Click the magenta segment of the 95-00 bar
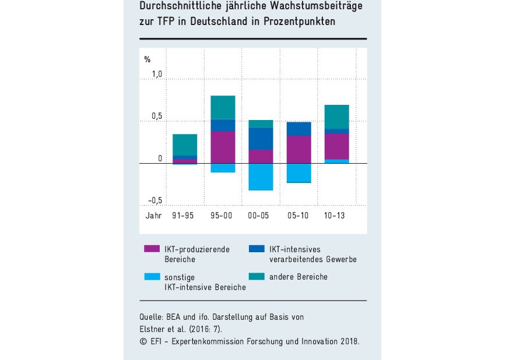222,147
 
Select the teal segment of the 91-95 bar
185,144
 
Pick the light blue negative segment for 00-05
260,177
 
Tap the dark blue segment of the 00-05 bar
260,139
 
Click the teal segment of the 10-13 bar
336,117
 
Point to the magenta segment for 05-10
298,149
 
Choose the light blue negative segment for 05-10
298,172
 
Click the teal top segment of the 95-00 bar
222,107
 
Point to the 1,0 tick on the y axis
157,75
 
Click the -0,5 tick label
154,201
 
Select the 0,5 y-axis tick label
157,117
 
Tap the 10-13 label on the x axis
335,215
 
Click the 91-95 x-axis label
182,215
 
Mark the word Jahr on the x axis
153,215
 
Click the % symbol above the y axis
147,59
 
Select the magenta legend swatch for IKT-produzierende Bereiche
151,249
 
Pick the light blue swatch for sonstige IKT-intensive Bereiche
151,277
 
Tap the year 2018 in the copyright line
349,341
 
